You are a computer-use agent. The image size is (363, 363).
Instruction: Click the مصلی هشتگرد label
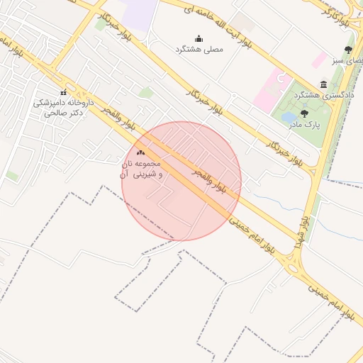click(x=199, y=50)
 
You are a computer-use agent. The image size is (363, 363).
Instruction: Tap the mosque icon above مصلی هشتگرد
click(x=199, y=38)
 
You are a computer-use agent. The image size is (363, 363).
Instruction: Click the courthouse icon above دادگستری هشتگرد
click(x=324, y=84)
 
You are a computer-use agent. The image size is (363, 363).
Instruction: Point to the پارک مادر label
click(x=304, y=124)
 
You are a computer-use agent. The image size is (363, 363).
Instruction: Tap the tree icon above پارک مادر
click(x=304, y=113)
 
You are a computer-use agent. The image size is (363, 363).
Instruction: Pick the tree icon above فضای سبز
click(x=347, y=50)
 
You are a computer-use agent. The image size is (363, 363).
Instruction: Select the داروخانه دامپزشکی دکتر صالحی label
click(x=63, y=107)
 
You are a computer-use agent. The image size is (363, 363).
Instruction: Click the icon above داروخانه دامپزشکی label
click(x=64, y=92)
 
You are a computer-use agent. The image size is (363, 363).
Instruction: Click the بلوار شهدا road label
click(x=301, y=233)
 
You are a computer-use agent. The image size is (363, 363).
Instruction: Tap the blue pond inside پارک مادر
click(x=289, y=117)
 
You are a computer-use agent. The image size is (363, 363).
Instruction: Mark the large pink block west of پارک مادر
click(x=268, y=90)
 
